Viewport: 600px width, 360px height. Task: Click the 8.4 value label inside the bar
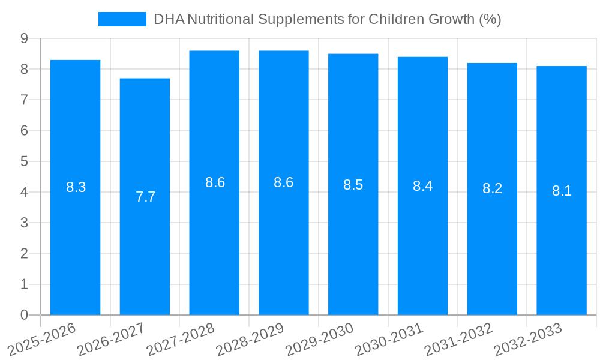click(422, 186)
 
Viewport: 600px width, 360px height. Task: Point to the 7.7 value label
click(145, 197)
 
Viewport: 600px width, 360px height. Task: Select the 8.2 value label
click(492, 188)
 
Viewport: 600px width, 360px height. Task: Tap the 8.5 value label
click(353, 185)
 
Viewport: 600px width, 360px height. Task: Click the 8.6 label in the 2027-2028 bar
click(215, 182)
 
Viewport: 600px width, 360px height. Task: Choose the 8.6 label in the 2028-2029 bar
click(283, 182)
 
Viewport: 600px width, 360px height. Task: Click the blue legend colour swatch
click(122, 19)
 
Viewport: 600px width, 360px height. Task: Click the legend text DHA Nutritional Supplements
click(327, 19)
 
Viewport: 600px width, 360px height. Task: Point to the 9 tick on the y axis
click(24, 38)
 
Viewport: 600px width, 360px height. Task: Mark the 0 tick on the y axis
click(24, 315)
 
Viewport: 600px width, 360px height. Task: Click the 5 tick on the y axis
click(24, 161)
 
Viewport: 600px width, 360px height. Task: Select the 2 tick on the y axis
click(24, 254)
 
